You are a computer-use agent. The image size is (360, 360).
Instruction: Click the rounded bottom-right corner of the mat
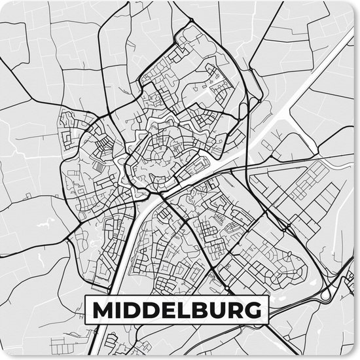(355, 355)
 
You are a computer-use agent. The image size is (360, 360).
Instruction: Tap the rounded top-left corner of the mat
(4, 4)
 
